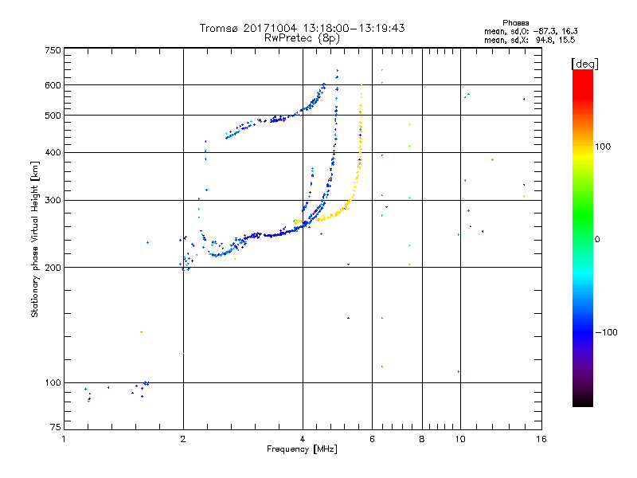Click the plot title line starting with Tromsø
point(302,28)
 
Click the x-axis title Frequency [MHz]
point(303,449)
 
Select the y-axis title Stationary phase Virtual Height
point(35,239)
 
